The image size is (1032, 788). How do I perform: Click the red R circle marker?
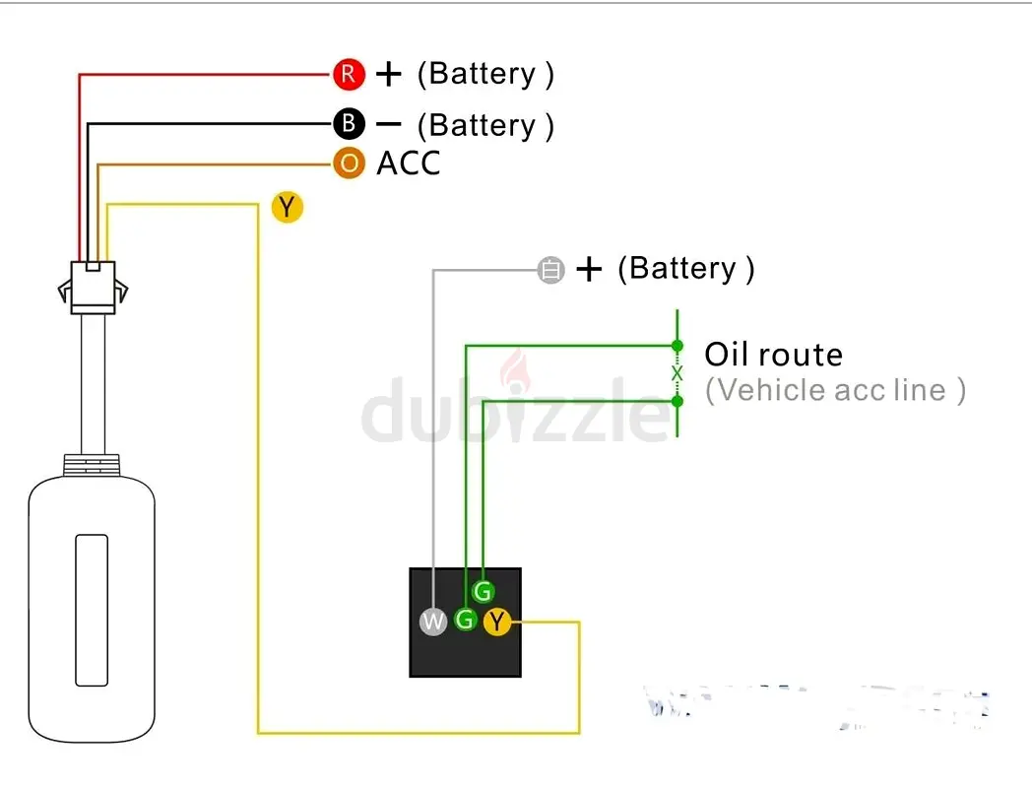[349, 73]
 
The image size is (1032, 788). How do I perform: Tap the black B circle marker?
[349, 124]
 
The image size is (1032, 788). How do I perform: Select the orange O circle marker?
[349, 163]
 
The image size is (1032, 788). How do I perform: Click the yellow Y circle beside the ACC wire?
[287, 207]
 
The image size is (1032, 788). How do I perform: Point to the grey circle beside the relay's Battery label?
[550, 270]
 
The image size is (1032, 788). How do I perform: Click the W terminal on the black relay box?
[433, 622]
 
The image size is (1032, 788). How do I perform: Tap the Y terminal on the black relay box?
[497, 621]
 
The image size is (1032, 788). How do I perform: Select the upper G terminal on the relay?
[482, 592]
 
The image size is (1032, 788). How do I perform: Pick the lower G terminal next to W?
[465, 621]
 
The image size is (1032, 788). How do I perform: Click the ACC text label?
[409, 164]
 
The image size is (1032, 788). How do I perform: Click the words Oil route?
[773, 355]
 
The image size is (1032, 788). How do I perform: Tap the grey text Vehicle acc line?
[835, 390]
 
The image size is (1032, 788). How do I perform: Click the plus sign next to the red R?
[390, 73]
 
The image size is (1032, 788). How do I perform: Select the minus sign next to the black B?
[390, 124]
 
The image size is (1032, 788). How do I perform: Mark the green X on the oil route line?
[677, 373]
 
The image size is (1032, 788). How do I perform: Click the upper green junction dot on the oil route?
[677, 346]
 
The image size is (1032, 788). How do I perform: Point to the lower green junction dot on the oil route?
[677, 400]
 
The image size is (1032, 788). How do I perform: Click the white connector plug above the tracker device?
[93, 283]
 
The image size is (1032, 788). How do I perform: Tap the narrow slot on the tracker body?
[92, 610]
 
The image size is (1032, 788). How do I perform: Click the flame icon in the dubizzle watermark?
[513, 374]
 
